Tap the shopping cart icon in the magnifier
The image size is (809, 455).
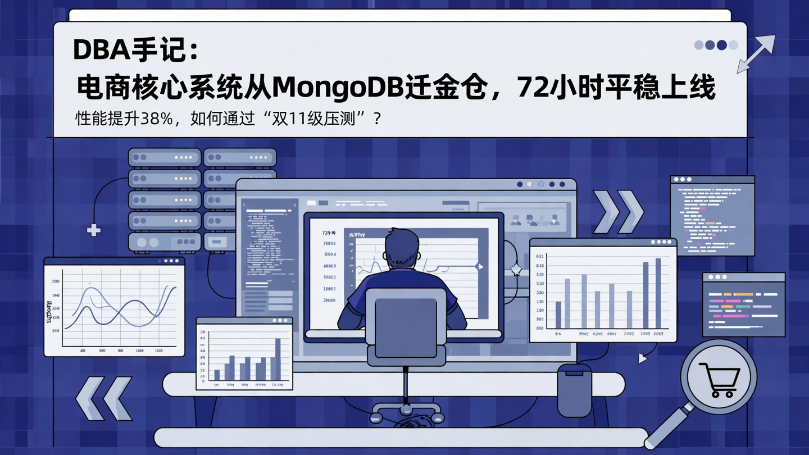pos(720,380)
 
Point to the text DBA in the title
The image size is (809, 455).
pos(102,51)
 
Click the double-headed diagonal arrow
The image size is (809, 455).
pos(756,54)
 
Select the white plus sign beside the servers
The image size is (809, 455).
pos(93,230)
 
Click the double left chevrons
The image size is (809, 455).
pos(104,398)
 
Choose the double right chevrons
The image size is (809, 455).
pos(619,212)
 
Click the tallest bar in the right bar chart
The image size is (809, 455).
pos(658,293)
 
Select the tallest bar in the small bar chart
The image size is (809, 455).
pos(278,359)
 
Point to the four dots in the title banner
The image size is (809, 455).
pos(716,45)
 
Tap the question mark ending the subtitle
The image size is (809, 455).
pos(377,119)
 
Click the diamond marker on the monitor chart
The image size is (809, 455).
pos(479,266)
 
